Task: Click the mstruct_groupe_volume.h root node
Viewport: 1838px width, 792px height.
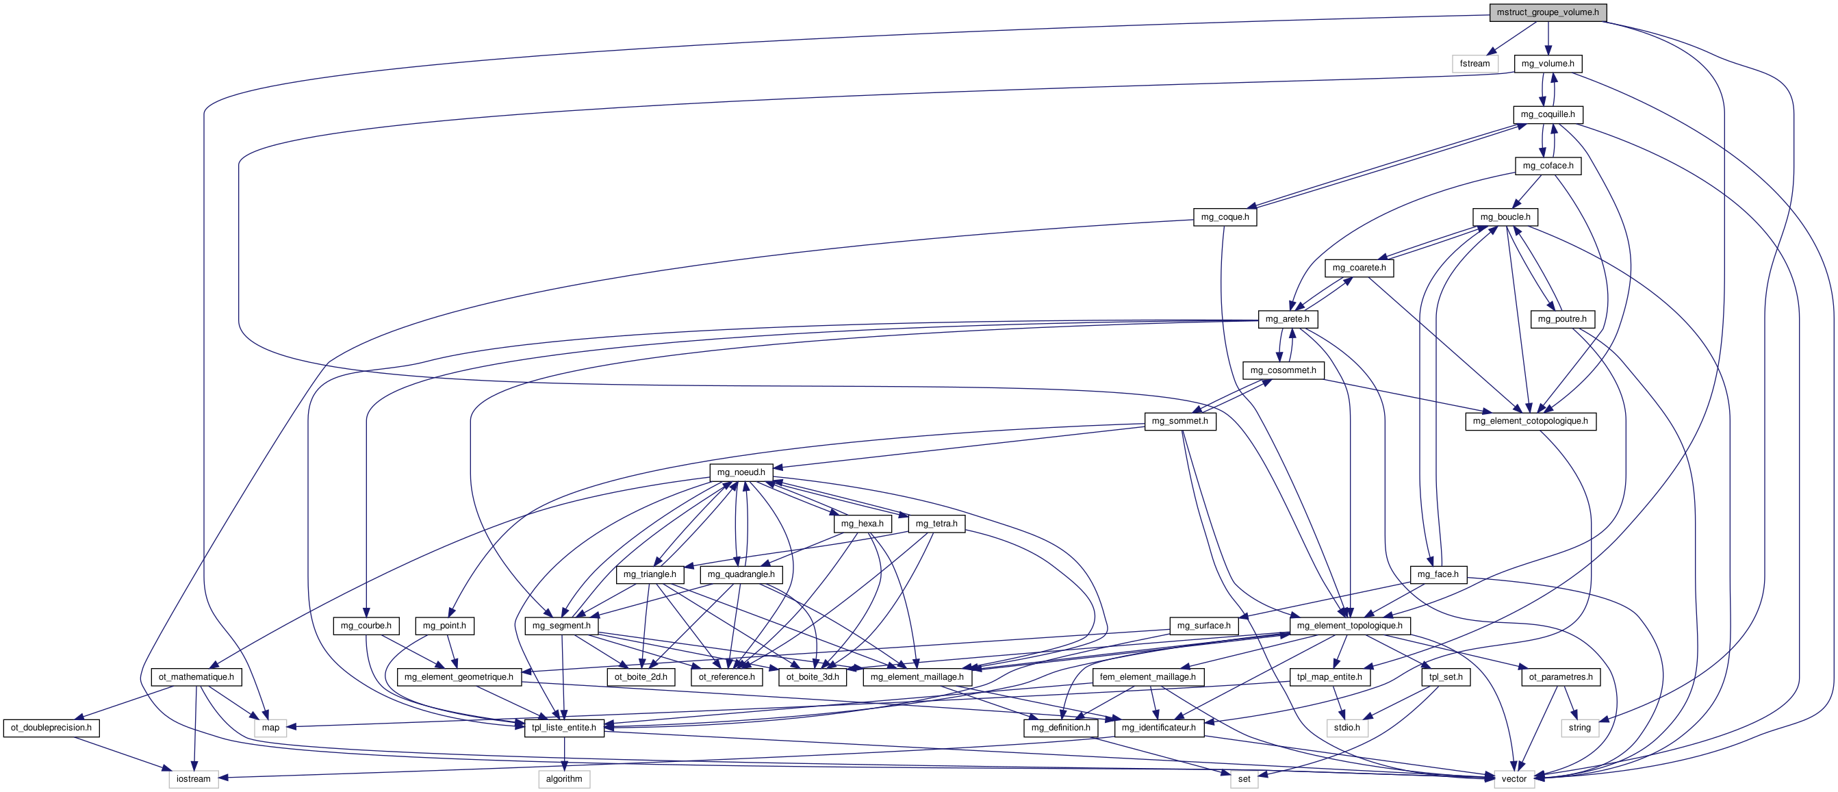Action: (x=1548, y=12)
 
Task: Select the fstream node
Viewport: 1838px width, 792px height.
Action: (x=1475, y=64)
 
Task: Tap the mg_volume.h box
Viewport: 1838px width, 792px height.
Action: (x=1548, y=64)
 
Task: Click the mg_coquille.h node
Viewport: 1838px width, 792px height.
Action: (x=1548, y=114)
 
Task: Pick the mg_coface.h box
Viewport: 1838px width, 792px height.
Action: (x=1548, y=166)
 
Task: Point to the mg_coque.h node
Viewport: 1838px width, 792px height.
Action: (x=1225, y=217)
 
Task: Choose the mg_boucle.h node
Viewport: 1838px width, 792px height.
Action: (x=1505, y=217)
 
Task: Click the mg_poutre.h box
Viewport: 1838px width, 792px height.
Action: (x=1562, y=319)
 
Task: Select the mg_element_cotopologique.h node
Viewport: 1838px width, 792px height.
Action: (x=1531, y=421)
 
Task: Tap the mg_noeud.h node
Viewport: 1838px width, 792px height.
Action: (x=741, y=472)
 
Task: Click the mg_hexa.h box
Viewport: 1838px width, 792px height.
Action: (x=862, y=524)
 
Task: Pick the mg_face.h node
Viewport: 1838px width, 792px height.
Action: (x=1438, y=574)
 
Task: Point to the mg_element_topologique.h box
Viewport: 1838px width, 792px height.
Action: (x=1349, y=626)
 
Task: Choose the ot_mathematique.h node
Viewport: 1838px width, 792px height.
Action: (x=196, y=677)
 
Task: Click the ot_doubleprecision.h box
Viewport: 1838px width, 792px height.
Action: (x=51, y=728)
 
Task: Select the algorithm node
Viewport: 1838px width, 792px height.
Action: (x=563, y=779)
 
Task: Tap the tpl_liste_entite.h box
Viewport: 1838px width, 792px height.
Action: (x=563, y=728)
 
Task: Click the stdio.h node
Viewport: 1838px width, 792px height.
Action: (x=1347, y=728)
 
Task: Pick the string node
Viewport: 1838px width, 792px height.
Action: (x=1580, y=728)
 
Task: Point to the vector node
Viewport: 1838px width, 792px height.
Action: (x=1514, y=779)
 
